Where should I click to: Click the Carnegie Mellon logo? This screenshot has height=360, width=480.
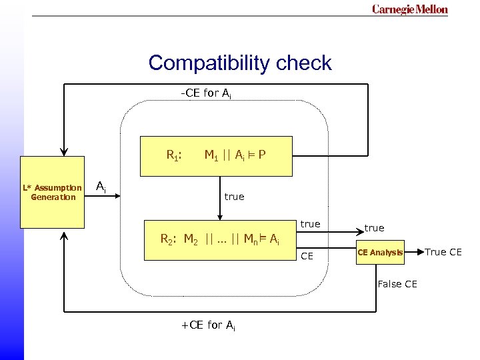point(409,9)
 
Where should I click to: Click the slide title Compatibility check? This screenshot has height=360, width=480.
point(239,63)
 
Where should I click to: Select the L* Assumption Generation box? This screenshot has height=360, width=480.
point(53,192)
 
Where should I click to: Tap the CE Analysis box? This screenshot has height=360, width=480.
point(380,252)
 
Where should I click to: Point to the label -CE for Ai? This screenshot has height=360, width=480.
point(206,93)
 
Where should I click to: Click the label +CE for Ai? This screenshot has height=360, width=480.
point(207,325)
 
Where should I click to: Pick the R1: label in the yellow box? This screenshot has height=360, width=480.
point(174,156)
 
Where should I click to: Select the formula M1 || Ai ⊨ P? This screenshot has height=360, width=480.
point(235,156)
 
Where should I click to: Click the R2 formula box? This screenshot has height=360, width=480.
point(220,239)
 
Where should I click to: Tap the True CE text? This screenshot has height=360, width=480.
point(443,252)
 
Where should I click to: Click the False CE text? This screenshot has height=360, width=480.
point(397,284)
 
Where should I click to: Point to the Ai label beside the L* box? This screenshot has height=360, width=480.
point(100,187)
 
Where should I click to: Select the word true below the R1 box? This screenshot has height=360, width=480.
point(234,197)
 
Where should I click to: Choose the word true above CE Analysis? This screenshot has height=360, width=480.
point(374,228)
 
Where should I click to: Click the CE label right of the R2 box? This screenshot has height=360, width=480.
point(307,255)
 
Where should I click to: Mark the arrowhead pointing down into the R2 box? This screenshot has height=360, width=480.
point(220,217)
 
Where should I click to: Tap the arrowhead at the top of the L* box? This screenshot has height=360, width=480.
point(64,152)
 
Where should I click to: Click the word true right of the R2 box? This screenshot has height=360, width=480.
point(310,224)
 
